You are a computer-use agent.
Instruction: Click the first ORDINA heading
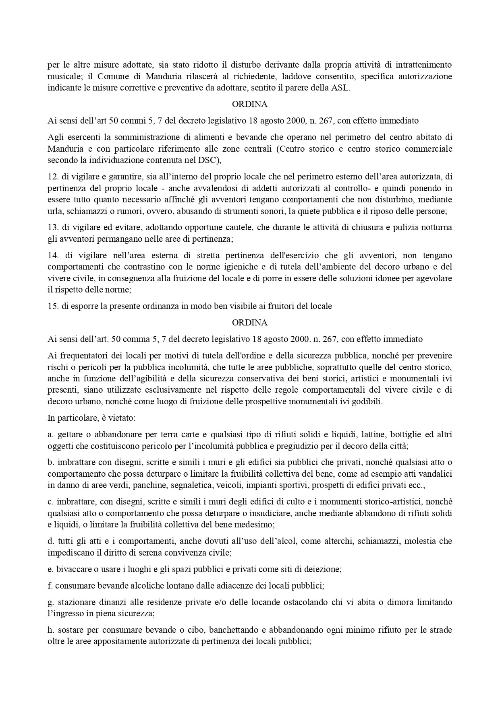pyautogui.click(x=250, y=104)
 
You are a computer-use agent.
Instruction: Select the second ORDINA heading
pyautogui.click(x=250, y=322)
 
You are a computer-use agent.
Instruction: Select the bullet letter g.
pyautogui.click(x=50, y=603)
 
